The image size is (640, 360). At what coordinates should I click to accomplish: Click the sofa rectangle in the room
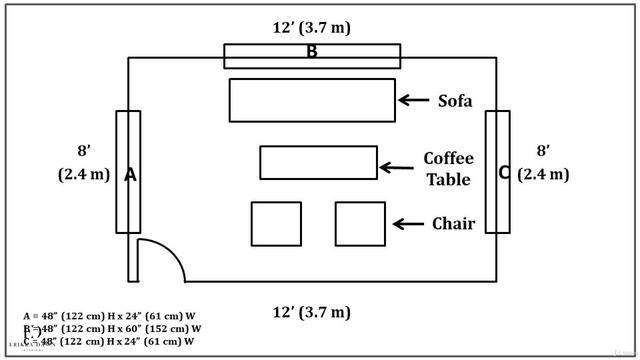pos(312,100)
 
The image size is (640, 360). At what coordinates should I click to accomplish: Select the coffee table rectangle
pos(319,162)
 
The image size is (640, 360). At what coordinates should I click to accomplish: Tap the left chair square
pos(276,223)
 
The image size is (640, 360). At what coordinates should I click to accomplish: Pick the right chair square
pos(360,223)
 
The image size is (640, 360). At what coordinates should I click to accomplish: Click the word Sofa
pos(455,100)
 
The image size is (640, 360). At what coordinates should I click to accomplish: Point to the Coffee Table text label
pos(448,169)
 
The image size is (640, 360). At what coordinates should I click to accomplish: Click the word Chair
pos(453,224)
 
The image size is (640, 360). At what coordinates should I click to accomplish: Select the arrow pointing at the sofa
pos(414,100)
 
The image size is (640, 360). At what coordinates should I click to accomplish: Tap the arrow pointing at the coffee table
pos(397,168)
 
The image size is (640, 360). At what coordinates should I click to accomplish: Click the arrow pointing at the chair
pos(408,224)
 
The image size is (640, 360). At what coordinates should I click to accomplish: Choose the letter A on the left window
pos(130,175)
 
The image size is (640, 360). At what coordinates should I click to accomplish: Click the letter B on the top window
pos(312,52)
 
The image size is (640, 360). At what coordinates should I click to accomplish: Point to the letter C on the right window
pos(504,172)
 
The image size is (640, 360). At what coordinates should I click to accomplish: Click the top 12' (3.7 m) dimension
pos(312,27)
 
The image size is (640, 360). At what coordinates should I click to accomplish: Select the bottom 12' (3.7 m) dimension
pos(312,312)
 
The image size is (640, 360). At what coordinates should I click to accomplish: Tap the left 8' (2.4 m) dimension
pos(84,163)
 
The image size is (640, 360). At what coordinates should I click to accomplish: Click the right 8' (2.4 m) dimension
pos(544,163)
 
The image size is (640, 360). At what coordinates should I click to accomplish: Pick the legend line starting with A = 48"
pos(110,316)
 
